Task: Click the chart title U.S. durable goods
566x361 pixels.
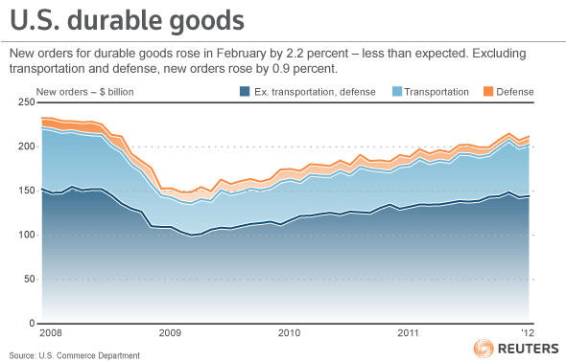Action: pos(127,20)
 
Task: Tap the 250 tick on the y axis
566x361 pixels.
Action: pos(27,102)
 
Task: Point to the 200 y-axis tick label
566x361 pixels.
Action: pos(27,147)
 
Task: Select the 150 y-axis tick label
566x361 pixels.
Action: pos(27,191)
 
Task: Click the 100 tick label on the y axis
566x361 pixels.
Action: pos(27,235)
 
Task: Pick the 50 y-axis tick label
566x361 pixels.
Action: pos(30,279)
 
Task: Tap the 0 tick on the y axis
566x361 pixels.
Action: pos(32,323)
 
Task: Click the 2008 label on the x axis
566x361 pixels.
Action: pos(51,332)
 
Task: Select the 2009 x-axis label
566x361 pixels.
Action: pos(170,332)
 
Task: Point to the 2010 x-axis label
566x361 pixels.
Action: pos(289,332)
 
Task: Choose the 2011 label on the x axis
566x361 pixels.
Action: pos(409,332)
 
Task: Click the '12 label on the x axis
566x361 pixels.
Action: pos(528,332)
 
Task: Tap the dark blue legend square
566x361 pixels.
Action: pos(245,92)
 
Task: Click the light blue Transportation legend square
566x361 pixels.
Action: pos(397,92)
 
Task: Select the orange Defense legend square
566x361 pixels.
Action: pos(488,92)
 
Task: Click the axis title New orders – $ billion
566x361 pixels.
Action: pos(84,92)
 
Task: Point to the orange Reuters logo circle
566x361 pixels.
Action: pos(483,349)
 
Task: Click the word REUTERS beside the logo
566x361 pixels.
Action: pos(529,349)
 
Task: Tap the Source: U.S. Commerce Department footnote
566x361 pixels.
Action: pos(75,355)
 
